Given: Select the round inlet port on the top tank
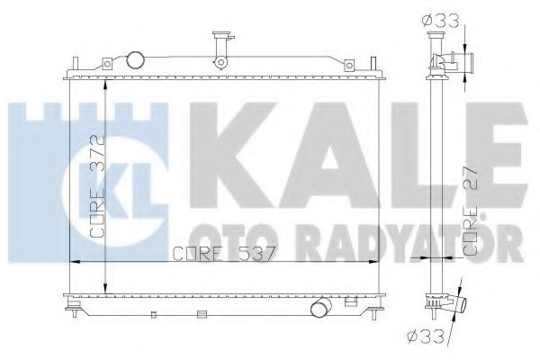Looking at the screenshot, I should click(x=135, y=60).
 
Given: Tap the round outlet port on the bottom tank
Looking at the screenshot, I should click(x=320, y=310).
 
